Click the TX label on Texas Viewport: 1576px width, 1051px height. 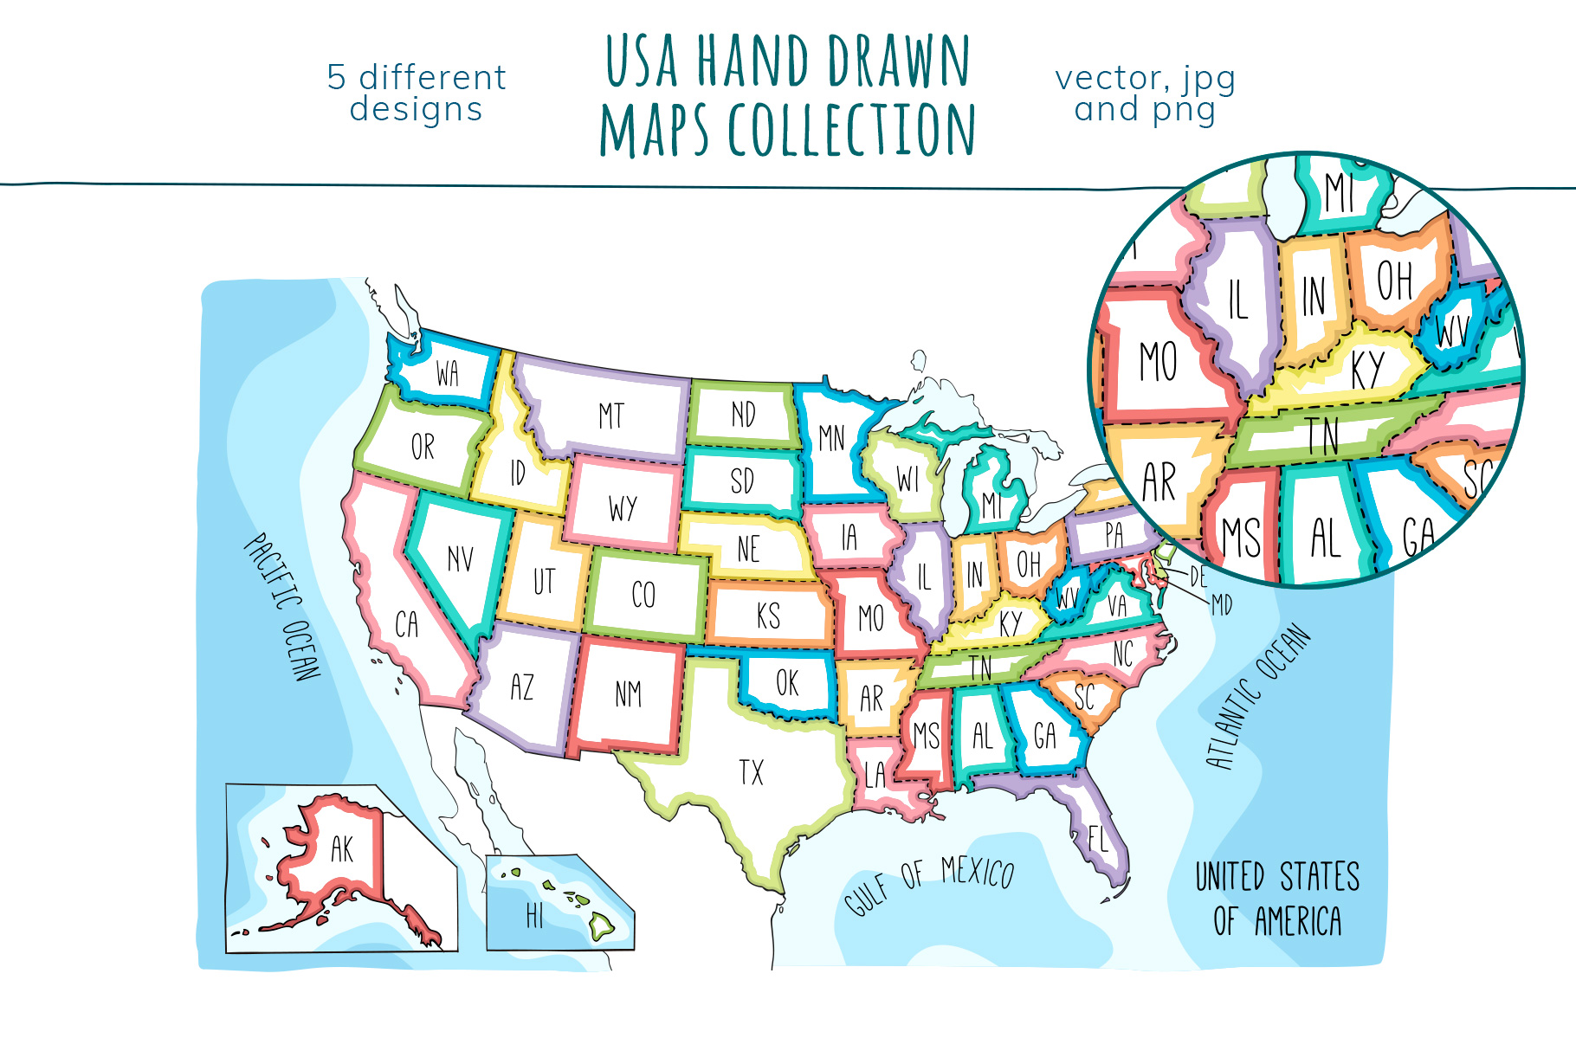point(751,771)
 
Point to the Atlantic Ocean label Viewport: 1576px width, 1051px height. point(1257,698)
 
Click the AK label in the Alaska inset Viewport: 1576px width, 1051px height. point(342,849)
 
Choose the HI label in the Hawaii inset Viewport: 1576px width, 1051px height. point(534,915)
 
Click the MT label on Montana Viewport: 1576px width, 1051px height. point(611,416)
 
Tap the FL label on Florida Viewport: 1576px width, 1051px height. point(1097,839)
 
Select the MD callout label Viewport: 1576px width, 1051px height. point(1221,604)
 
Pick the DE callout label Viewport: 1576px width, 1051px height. point(1198,577)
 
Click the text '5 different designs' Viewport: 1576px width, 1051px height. point(417,93)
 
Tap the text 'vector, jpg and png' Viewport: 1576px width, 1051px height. point(1145,93)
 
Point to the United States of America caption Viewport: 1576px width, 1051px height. point(1277,899)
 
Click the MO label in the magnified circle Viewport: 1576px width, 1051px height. point(1158,361)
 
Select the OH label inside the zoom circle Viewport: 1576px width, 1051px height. point(1394,280)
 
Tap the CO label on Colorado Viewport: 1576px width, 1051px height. point(643,595)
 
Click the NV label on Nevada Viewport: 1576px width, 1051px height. point(460,558)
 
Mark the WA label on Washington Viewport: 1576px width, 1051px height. point(447,374)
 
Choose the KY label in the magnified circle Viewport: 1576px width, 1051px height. point(1367,370)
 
